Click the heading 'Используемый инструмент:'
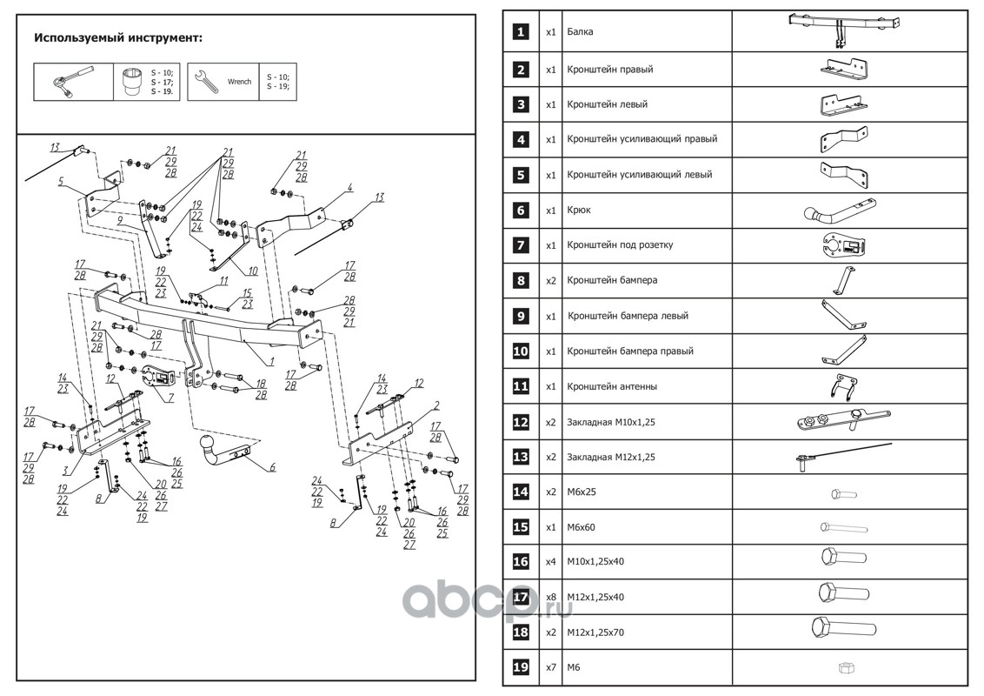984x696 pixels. pyautogui.click(x=118, y=38)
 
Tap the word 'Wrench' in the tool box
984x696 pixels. pyautogui.click(x=239, y=82)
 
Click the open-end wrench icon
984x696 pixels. pyautogui.click(x=206, y=81)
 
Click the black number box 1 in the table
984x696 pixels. pyautogui.click(x=520, y=32)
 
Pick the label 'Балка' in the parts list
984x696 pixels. pyautogui.click(x=581, y=32)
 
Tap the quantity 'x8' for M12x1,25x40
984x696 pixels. pyautogui.click(x=550, y=597)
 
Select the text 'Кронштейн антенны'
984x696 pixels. pyautogui.click(x=612, y=386)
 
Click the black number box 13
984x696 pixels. pyautogui.click(x=520, y=457)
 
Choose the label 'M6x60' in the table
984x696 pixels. pyautogui.click(x=582, y=526)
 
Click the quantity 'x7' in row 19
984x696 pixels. pyautogui.click(x=550, y=667)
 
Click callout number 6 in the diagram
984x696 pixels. pyautogui.click(x=272, y=468)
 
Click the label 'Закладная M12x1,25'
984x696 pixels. pyautogui.click(x=609, y=457)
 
